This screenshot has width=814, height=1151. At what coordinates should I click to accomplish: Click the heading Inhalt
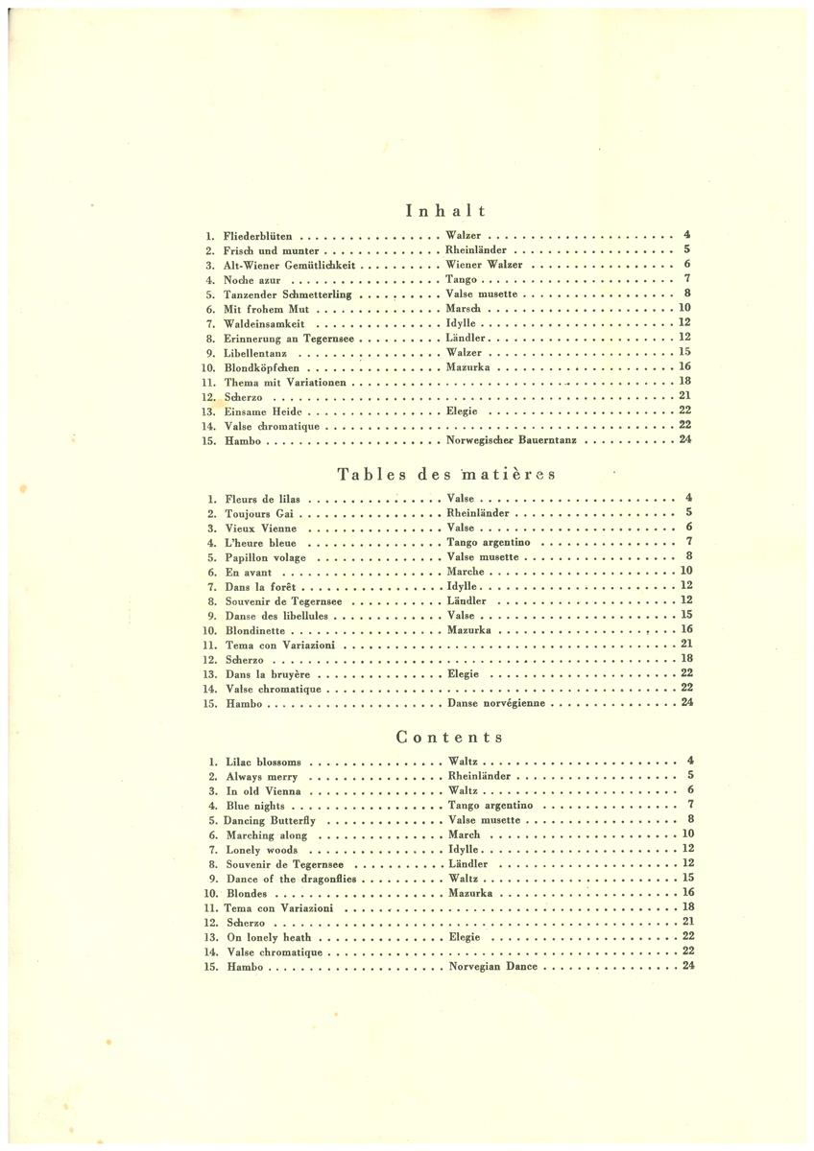pyautogui.click(x=445, y=210)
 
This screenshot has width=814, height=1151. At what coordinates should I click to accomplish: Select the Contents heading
pyautogui.click(x=449, y=738)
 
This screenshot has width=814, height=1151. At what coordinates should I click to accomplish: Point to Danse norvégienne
pyautogui.click(x=496, y=703)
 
